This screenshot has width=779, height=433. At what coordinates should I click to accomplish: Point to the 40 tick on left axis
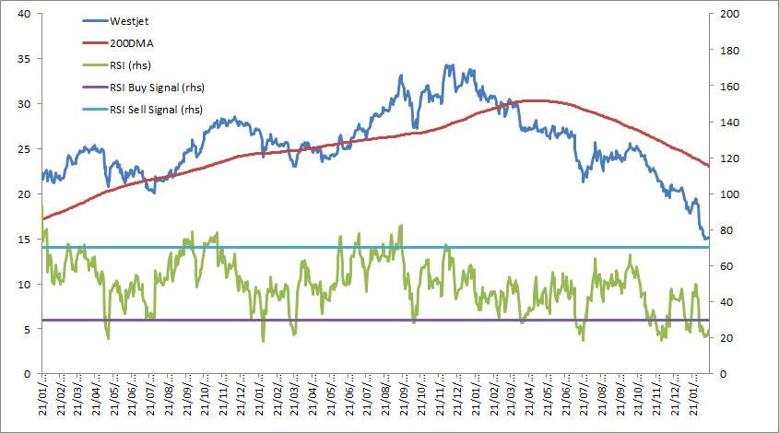click(25, 14)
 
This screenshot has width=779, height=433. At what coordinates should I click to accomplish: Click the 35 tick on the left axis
click(25, 59)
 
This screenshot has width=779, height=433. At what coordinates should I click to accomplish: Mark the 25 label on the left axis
click(25, 149)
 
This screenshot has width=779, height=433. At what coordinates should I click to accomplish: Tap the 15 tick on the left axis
click(25, 240)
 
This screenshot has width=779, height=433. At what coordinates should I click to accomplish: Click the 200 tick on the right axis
click(727, 14)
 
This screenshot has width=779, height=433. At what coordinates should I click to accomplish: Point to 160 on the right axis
click(727, 86)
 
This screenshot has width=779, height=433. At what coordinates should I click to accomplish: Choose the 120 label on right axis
click(727, 158)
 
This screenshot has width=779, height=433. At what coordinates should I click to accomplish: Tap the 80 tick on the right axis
click(725, 230)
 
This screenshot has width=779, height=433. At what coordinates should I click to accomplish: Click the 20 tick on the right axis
click(725, 338)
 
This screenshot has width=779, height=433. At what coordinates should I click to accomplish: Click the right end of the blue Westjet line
click(708, 238)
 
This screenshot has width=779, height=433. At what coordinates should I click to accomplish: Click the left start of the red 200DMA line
click(42, 219)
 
